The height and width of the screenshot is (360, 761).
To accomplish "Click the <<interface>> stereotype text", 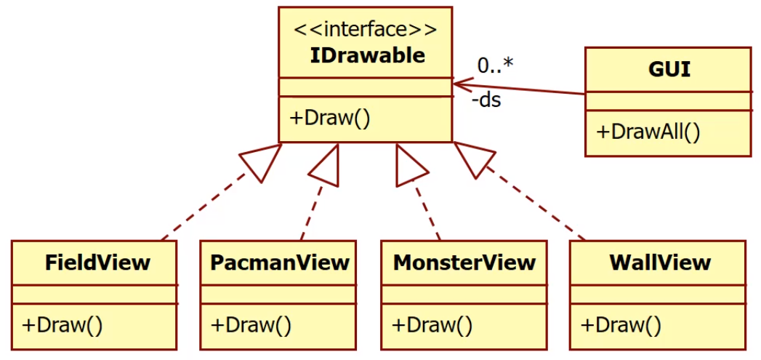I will pos(365,31).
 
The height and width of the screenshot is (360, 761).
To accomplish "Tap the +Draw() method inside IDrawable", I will pos(331,118).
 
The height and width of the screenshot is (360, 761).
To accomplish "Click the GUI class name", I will pos(669,70).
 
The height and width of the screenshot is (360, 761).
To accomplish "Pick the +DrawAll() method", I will pos(648,132).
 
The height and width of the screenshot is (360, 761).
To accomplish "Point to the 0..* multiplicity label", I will pos(495,65).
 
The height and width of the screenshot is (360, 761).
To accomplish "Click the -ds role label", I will pos(486,100).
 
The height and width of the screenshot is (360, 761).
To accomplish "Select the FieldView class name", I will pos(97,263).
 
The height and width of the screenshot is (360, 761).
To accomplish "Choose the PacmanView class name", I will pos(280,263).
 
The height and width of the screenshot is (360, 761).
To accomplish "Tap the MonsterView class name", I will pos(464,263).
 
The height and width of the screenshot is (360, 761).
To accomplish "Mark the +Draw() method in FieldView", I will pos(63,324).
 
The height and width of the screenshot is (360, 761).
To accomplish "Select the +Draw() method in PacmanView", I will pos(251,324).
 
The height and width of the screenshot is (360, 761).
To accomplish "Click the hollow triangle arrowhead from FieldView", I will pos(263,161).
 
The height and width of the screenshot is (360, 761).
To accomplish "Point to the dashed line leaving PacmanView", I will pos(311,211).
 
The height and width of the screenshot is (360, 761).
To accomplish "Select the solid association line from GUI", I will pos(523,87).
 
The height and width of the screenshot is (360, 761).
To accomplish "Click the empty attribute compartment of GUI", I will pos(669,101).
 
